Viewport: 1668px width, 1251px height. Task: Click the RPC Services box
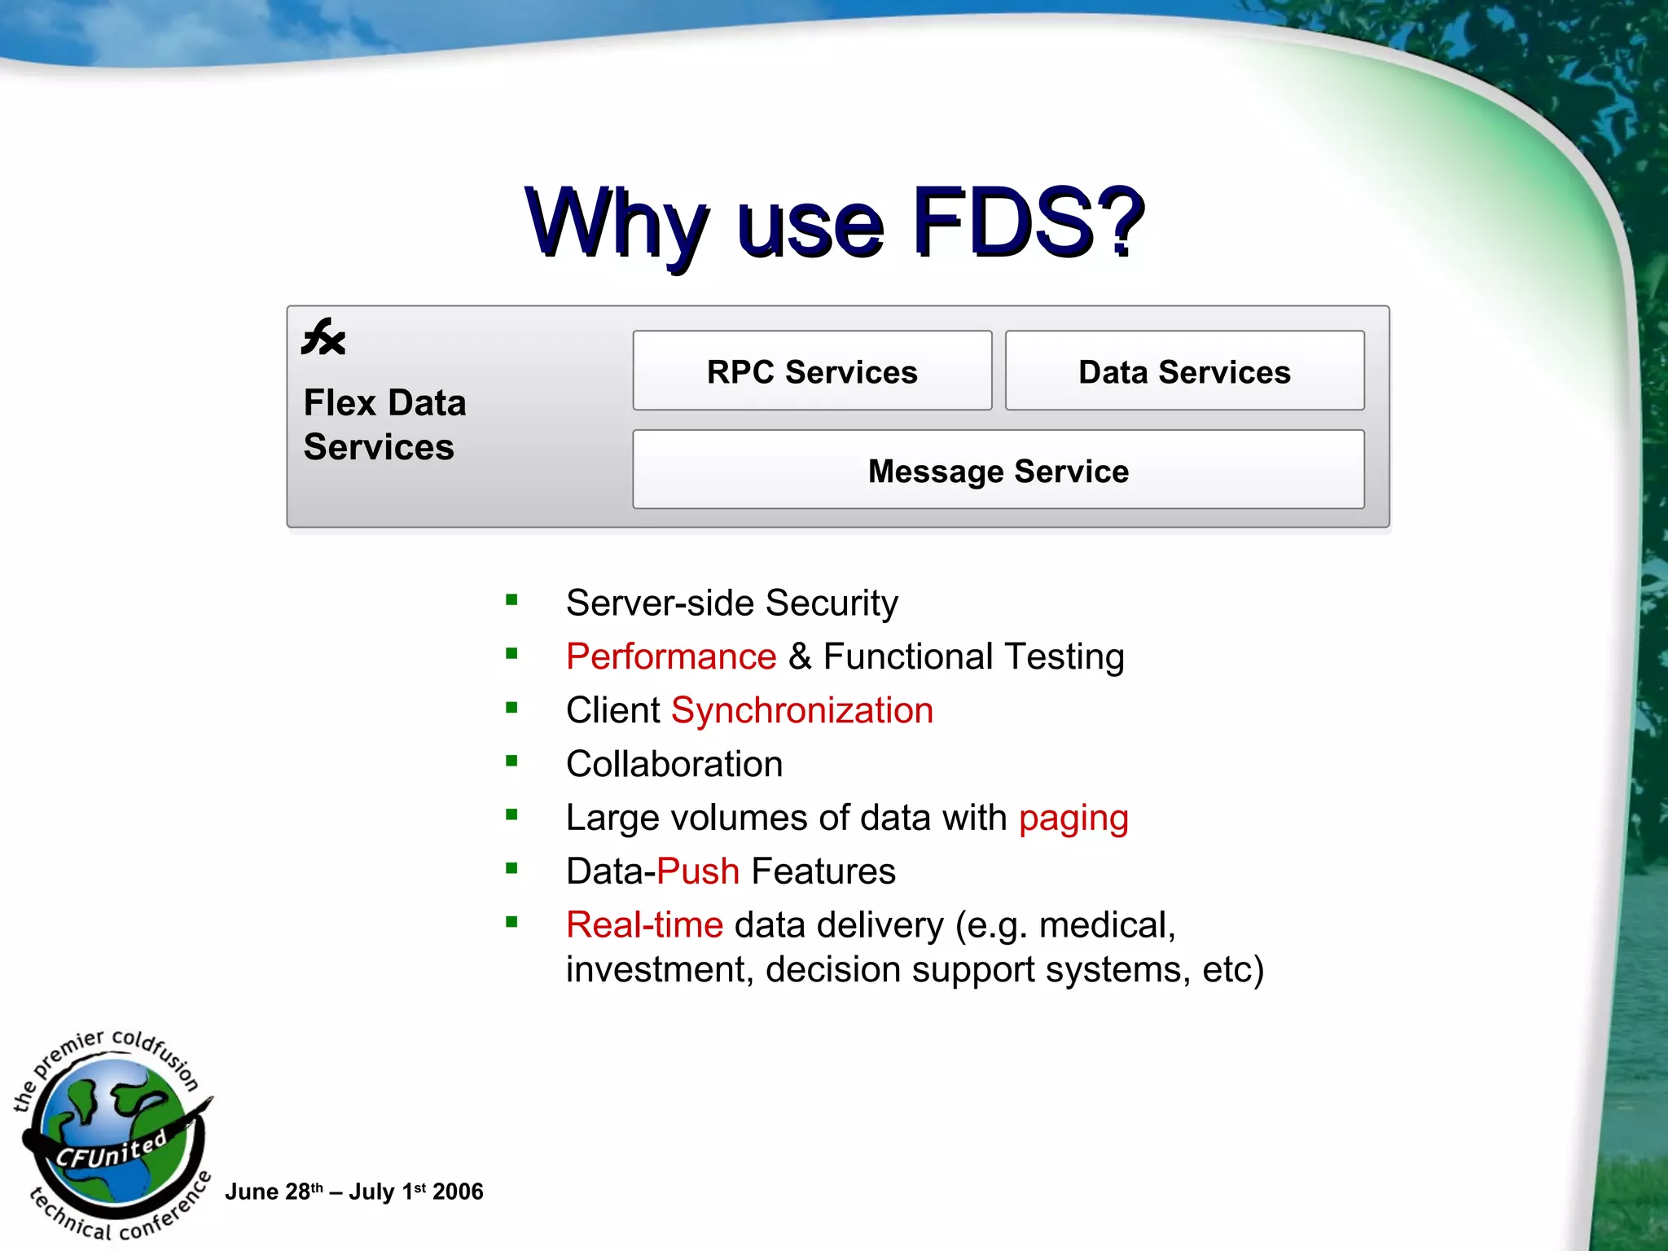tap(812, 371)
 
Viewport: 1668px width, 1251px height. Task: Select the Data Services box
tap(1184, 371)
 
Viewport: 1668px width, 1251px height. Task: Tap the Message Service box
tap(998, 471)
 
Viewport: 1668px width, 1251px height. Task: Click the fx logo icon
tap(323, 337)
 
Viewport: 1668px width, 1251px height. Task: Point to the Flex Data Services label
tap(384, 424)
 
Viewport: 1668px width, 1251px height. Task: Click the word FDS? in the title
tap(1028, 222)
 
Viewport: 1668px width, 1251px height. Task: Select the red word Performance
tap(671, 656)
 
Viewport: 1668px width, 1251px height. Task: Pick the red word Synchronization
tap(802, 710)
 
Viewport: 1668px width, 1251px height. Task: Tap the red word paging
tap(1073, 819)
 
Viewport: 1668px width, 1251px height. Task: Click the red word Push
tap(698, 871)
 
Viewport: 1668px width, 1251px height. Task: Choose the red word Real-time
tap(644, 925)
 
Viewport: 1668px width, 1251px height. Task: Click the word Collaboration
tap(674, 764)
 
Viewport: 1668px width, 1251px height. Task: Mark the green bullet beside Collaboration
tap(511, 762)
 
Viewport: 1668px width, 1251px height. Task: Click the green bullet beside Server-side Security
tap(511, 600)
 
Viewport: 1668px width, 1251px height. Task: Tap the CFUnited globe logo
tap(114, 1136)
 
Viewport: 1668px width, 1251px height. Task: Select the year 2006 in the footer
tap(458, 1192)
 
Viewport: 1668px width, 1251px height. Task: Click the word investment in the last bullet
tap(659, 970)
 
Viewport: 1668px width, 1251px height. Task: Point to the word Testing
tap(1064, 656)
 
